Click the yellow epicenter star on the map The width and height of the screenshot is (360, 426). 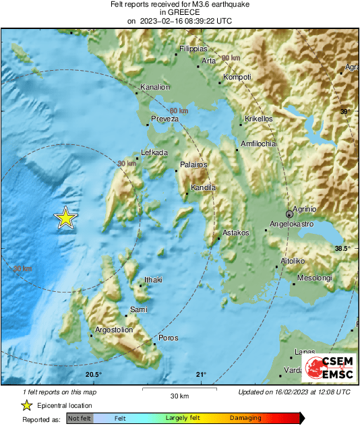[x=65, y=218]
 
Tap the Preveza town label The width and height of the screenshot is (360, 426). [x=164, y=119]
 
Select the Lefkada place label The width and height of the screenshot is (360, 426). [x=154, y=152]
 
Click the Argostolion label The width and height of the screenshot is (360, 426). [x=114, y=330]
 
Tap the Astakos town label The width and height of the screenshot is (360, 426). [x=236, y=233]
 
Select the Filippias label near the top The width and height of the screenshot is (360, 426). [x=193, y=49]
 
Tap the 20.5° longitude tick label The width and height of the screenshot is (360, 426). [x=93, y=375]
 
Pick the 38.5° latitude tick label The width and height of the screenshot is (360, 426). [x=343, y=249]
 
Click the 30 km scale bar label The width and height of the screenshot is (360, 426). [x=179, y=395]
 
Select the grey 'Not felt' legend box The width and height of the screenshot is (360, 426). [x=80, y=419]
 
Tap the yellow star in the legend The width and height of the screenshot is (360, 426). [x=26, y=405]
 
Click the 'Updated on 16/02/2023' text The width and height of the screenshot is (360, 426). [x=294, y=392]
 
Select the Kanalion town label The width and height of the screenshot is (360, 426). [x=155, y=87]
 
